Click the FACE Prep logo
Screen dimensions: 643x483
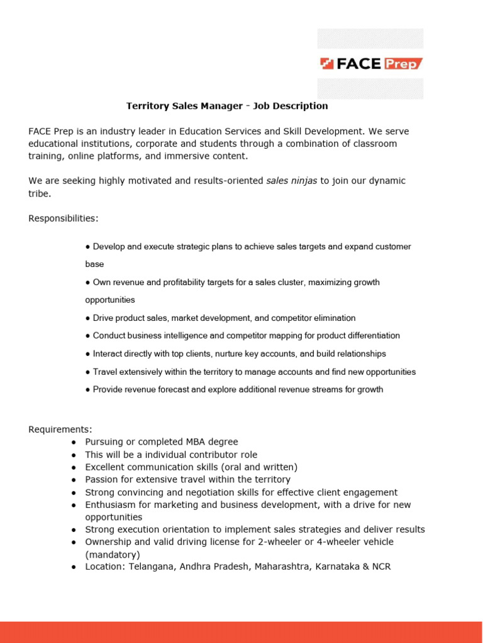click(x=370, y=63)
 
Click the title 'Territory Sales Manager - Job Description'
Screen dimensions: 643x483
click(x=227, y=106)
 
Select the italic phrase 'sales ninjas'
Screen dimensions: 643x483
click(x=292, y=181)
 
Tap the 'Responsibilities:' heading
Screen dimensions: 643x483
click(x=64, y=219)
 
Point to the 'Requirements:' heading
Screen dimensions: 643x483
click(x=60, y=430)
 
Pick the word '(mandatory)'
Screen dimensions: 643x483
click(x=113, y=554)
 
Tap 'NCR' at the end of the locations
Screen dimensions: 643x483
click(x=381, y=567)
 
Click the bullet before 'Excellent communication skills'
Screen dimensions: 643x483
click(x=74, y=467)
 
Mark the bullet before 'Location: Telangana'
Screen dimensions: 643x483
click(x=74, y=567)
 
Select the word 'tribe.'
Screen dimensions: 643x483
click(x=39, y=193)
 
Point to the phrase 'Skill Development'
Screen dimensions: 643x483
click(x=325, y=131)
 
